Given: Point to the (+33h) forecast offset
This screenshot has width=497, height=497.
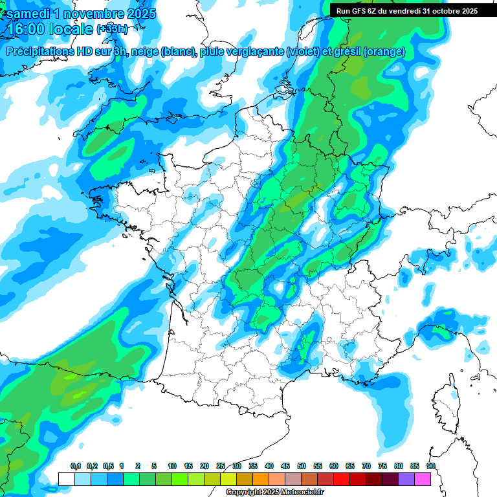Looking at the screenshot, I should pos(113,29).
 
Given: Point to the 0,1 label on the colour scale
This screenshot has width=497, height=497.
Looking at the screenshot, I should pos(76,467).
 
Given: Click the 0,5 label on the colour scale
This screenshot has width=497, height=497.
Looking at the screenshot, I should pos(107,467).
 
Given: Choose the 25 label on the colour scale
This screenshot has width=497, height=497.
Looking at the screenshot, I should pos(221,467).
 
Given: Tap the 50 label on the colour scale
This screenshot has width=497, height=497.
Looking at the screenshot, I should pos(302,467).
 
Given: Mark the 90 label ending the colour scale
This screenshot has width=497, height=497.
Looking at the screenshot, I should pos(430,467).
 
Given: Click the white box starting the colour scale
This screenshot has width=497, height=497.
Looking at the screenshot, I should pos(66,479).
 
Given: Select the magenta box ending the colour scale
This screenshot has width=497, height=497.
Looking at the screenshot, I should pos(423,479).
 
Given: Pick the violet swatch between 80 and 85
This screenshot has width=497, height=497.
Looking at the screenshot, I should pos(406,479).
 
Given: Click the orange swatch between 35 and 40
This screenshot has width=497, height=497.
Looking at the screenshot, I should pos(261,479).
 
